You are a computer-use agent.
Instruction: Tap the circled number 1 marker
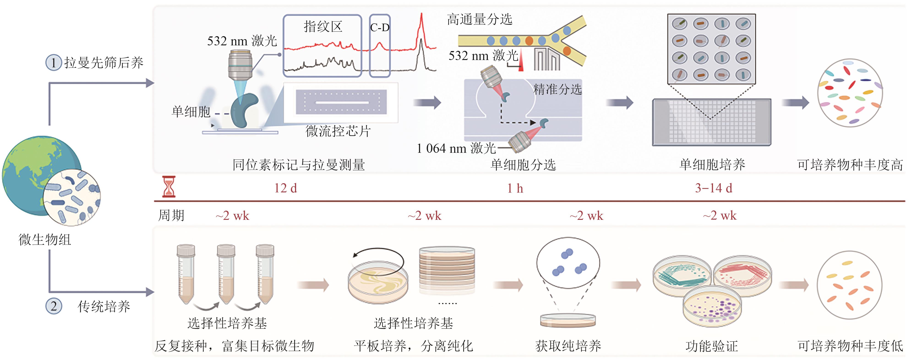[x=54, y=63]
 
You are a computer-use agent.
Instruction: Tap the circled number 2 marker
[x=54, y=306]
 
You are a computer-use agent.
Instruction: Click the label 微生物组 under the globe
[x=45, y=240]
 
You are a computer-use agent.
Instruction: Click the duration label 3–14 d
[x=713, y=188]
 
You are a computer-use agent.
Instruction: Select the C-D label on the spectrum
[x=380, y=27]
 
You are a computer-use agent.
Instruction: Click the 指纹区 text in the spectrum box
[x=323, y=27]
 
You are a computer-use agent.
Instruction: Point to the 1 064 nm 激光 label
[x=456, y=148]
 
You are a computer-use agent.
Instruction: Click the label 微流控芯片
[x=338, y=131]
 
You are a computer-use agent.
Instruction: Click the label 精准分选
[x=557, y=89]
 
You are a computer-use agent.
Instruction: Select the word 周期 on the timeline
[x=171, y=215]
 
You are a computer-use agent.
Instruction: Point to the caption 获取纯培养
[x=568, y=346]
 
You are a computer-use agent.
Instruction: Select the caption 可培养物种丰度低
[x=850, y=346]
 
